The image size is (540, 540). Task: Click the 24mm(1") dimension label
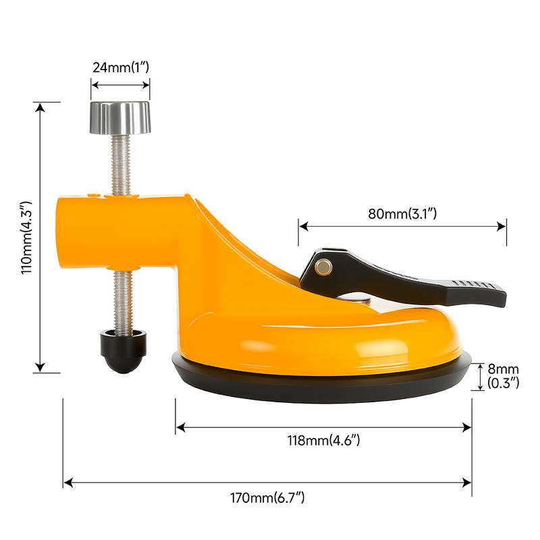click(x=121, y=67)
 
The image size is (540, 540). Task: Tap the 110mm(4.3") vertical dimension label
click(x=25, y=236)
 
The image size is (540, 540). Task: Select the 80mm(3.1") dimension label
click(x=404, y=214)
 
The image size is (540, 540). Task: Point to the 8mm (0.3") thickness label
click(x=503, y=376)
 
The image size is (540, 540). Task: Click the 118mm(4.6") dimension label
click(x=324, y=441)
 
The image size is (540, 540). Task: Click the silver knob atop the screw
click(x=121, y=117)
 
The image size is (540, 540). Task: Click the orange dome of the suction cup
click(x=324, y=337)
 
